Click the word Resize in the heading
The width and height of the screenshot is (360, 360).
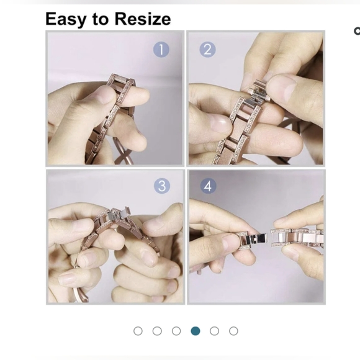(143, 19)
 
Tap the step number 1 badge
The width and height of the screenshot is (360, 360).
(161, 50)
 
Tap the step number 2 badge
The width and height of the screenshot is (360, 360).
(207, 50)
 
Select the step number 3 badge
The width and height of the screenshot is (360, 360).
(162, 186)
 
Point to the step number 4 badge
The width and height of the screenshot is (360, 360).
(208, 186)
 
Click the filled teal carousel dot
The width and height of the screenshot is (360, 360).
(196, 331)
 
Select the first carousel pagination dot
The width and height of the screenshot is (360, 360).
(138, 331)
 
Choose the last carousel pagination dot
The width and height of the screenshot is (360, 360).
(233, 331)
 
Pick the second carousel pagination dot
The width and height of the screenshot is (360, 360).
(157, 331)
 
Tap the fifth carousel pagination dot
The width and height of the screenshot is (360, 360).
(214, 331)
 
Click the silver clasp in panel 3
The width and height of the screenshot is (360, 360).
(119, 214)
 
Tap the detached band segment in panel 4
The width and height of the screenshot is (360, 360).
(297, 238)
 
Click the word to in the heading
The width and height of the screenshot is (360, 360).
(101, 19)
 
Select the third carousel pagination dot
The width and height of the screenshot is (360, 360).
(176, 331)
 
